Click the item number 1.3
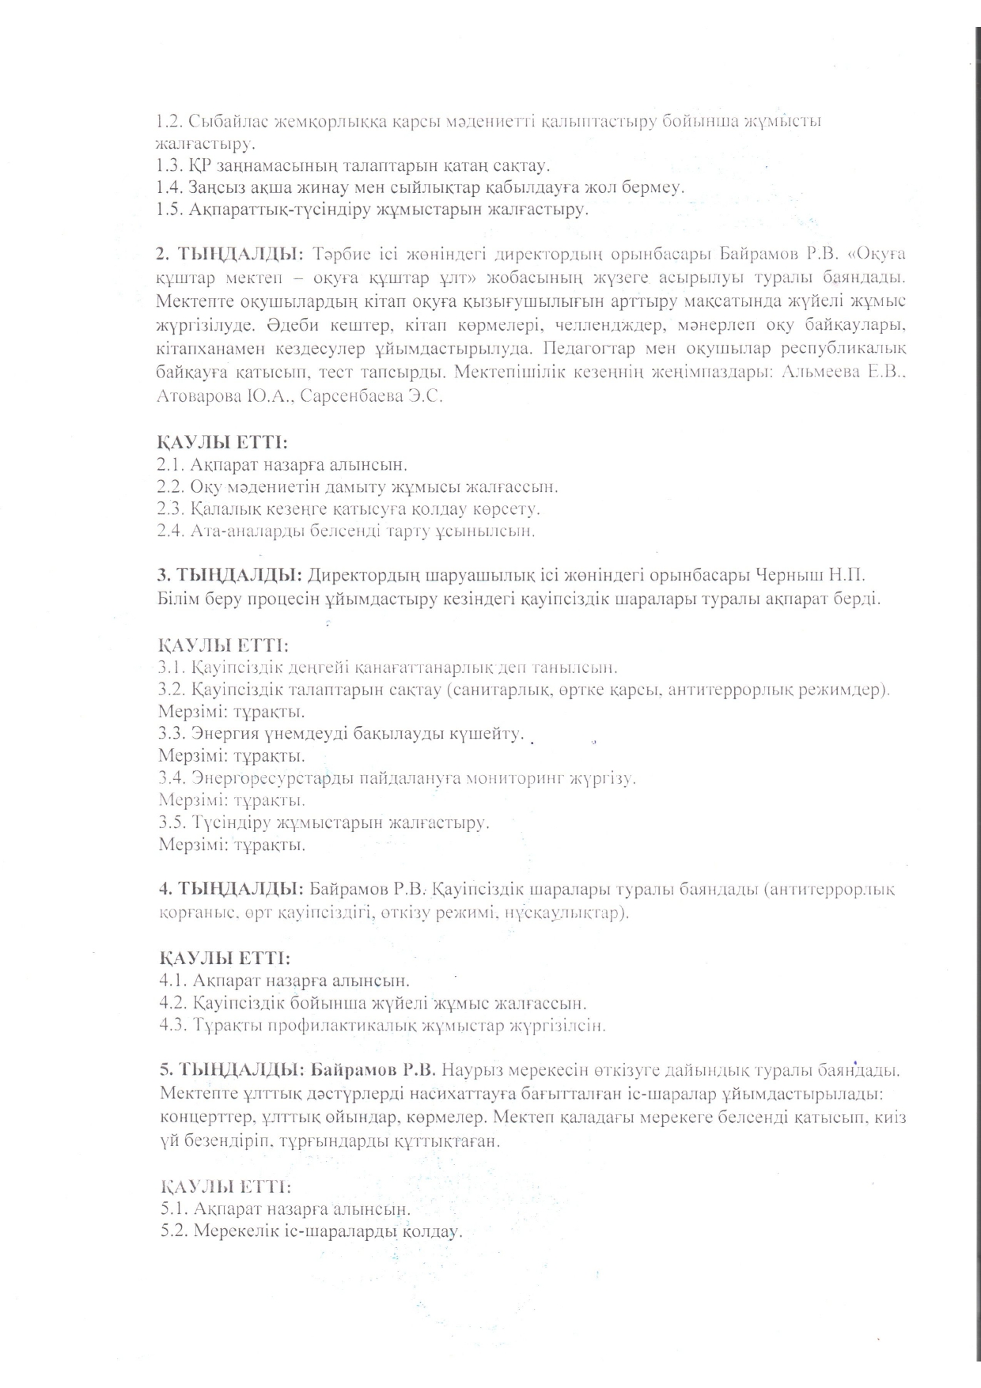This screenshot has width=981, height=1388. [169, 167]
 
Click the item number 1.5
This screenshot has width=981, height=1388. [169, 210]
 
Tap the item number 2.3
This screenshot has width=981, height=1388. [171, 509]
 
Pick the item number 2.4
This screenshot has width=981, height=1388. [171, 531]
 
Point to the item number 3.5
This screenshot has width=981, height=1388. [172, 823]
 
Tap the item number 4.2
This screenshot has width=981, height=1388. [173, 1004]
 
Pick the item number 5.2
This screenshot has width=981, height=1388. [174, 1232]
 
